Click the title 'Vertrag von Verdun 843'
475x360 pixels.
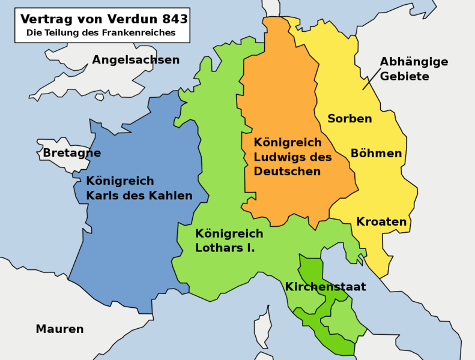click(x=104, y=19)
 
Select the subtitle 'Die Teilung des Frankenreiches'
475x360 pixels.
click(x=101, y=33)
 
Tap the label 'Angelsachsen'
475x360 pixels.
click(x=136, y=60)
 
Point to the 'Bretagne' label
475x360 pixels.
click(x=71, y=153)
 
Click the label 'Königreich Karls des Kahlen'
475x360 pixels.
click(x=139, y=188)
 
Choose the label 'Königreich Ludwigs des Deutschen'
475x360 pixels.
click(x=292, y=157)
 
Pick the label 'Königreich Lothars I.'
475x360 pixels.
click(x=229, y=240)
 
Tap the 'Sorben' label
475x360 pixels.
click(x=349, y=119)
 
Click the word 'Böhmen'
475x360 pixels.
click(x=376, y=154)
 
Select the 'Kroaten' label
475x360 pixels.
click(x=381, y=222)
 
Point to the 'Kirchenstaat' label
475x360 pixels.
click(x=325, y=287)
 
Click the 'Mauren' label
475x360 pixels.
click(x=59, y=329)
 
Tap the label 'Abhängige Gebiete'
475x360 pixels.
click(x=414, y=69)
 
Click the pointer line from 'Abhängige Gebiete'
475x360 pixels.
click(x=371, y=79)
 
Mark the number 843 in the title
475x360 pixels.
click(x=171, y=19)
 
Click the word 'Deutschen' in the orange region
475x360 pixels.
click(x=287, y=172)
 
